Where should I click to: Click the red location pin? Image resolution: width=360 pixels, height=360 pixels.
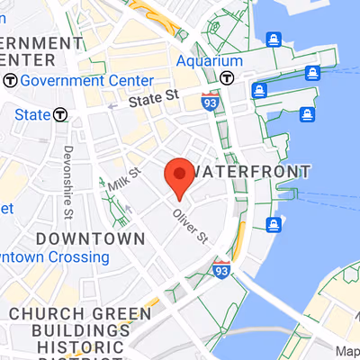(x=179, y=175)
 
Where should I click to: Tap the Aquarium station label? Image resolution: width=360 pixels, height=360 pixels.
(x=209, y=60)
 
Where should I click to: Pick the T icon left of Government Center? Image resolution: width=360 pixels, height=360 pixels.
(x=10, y=80)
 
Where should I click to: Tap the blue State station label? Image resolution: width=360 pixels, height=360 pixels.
(x=31, y=114)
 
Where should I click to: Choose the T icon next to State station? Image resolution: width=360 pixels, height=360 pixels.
(x=60, y=114)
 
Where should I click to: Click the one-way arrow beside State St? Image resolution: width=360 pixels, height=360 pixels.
(x=112, y=105)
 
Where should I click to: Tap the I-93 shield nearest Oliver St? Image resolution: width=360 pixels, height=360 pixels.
(x=222, y=269)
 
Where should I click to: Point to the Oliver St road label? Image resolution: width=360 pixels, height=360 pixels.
(x=191, y=225)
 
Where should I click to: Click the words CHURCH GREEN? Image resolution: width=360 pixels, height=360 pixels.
(x=80, y=314)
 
